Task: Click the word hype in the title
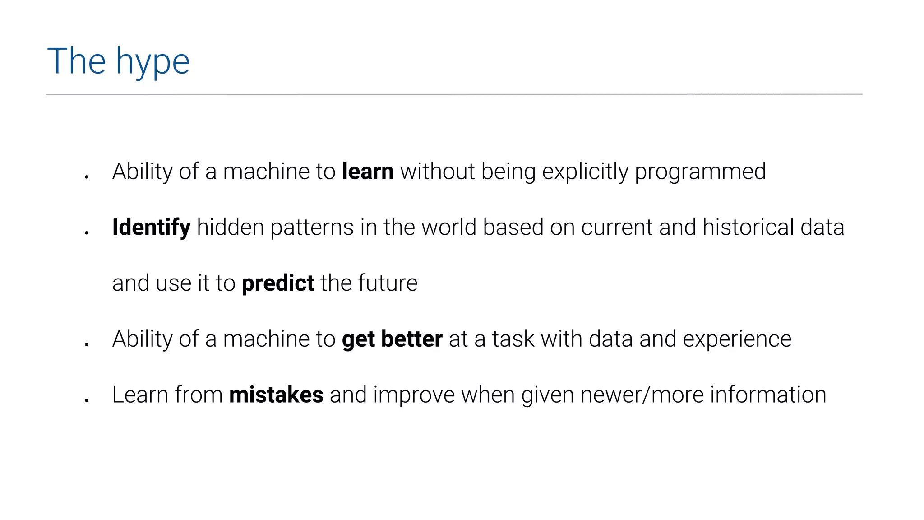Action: click(x=152, y=62)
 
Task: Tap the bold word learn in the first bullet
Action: click(x=368, y=172)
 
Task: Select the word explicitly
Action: click(x=585, y=172)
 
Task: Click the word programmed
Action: click(x=700, y=172)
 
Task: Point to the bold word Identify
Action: click(x=151, y=227)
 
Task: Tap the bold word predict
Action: click(x=278, y=283)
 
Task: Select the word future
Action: click(x=388, y=283)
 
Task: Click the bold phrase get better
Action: click(x=392, y=339)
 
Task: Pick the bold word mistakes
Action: click(x=276, y=395)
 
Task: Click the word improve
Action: click(x=414, y=395)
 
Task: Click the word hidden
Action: click(x=230, y=227)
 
